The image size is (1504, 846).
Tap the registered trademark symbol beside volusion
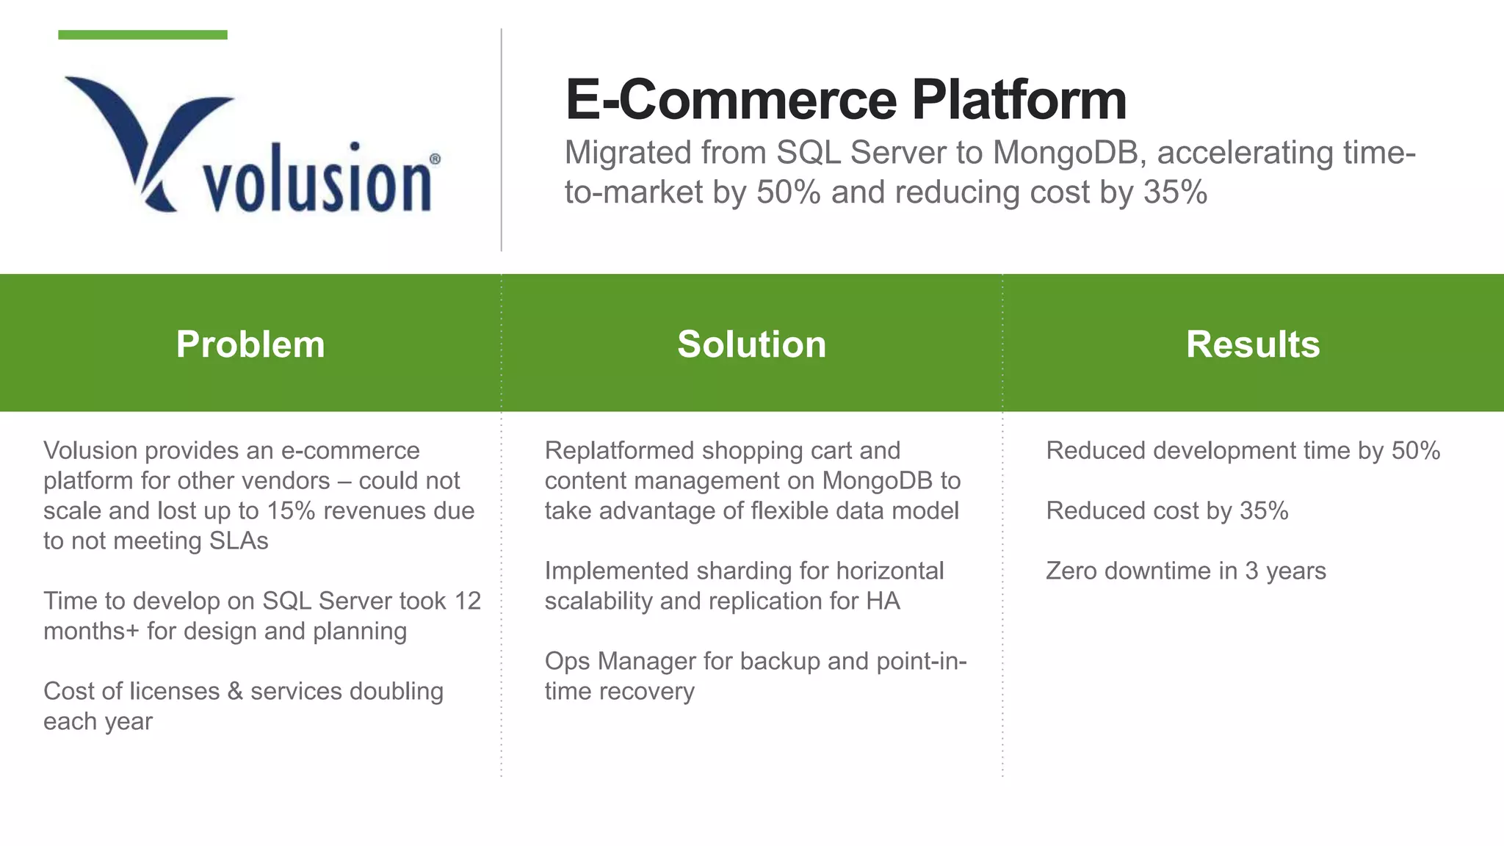tap(435, 159)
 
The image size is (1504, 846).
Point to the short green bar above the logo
tap(142, 35)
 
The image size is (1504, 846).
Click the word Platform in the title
tap(1019, 100)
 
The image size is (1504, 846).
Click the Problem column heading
tap(250, 344)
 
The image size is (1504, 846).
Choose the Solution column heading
tap(751, 344)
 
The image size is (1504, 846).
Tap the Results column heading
tap(1253, 344)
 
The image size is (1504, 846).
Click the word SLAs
tap(239, 540)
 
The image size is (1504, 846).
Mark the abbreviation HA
tap(883, 601)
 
